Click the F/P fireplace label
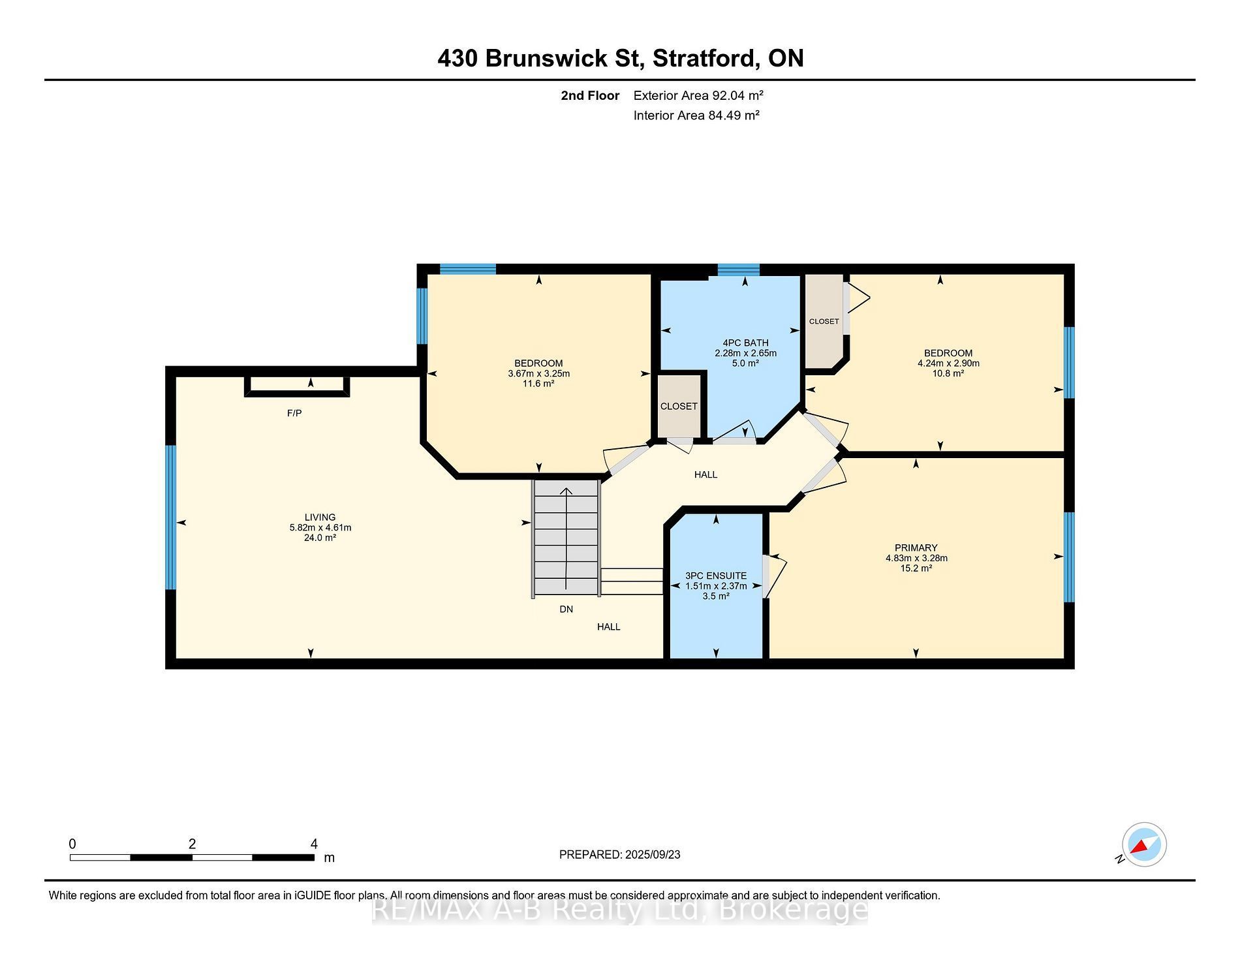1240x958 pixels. pos(294,413)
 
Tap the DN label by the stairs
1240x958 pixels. pos(566,609)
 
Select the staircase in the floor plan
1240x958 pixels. pos(566,538)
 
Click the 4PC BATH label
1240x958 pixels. pos(745,343)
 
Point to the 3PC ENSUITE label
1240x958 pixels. pos(716,576)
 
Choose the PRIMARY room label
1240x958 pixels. pos(916,548)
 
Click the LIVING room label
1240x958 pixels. pos(320,517)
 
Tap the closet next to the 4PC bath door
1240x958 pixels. pos(679,406)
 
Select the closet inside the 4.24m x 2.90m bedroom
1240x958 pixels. pos(825,320)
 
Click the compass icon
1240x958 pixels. pos(1143,844)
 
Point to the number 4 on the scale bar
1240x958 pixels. pos(314,844)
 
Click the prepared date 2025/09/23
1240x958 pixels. pos(653,854)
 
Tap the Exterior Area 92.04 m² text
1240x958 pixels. pos(698,95)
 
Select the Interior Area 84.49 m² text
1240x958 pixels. pos(696,116)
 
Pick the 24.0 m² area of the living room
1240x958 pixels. pos(320,538)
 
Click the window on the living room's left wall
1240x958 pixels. pos(170,517)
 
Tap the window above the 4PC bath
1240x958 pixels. pos(739,270)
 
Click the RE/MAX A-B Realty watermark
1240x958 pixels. pos(620,910)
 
